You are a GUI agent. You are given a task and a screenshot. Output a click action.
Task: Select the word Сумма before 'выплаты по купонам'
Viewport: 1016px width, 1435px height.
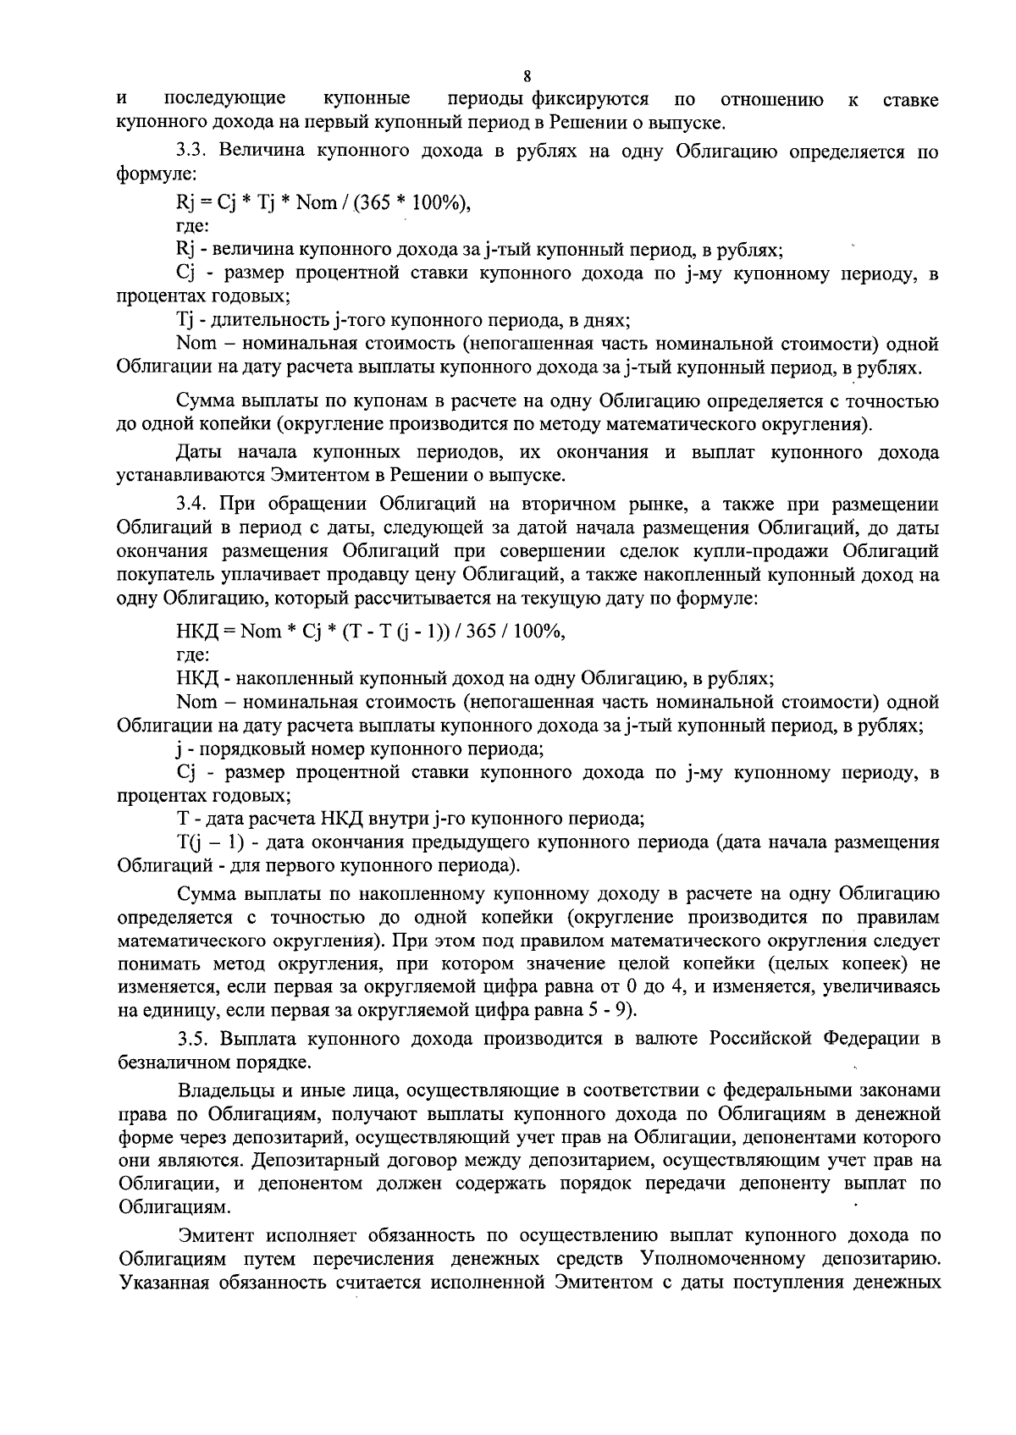[204, 400]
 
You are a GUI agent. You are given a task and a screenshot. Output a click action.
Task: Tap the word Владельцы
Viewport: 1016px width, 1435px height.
[223, 1091]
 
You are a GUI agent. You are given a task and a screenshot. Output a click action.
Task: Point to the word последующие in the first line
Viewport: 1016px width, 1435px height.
[224, 100]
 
